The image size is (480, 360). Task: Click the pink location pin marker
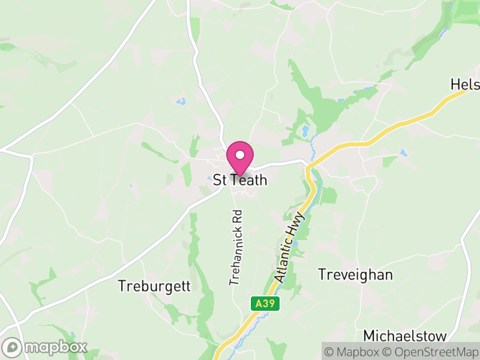click(240, 158)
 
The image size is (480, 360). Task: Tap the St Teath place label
click(240, 180)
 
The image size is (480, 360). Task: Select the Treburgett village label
click(154, 286)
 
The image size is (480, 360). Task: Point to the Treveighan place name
click(355, 275)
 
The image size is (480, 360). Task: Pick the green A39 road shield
click(264, 304)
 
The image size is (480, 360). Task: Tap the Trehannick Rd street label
click(236, 247)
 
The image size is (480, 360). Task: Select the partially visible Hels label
click(466, 85)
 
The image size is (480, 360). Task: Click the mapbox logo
click(45, 347)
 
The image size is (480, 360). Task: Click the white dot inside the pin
click(240, 154)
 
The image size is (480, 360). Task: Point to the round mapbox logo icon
click(13, 347)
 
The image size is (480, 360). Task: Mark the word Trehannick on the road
click(235, 254)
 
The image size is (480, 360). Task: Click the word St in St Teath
click(220, 180)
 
